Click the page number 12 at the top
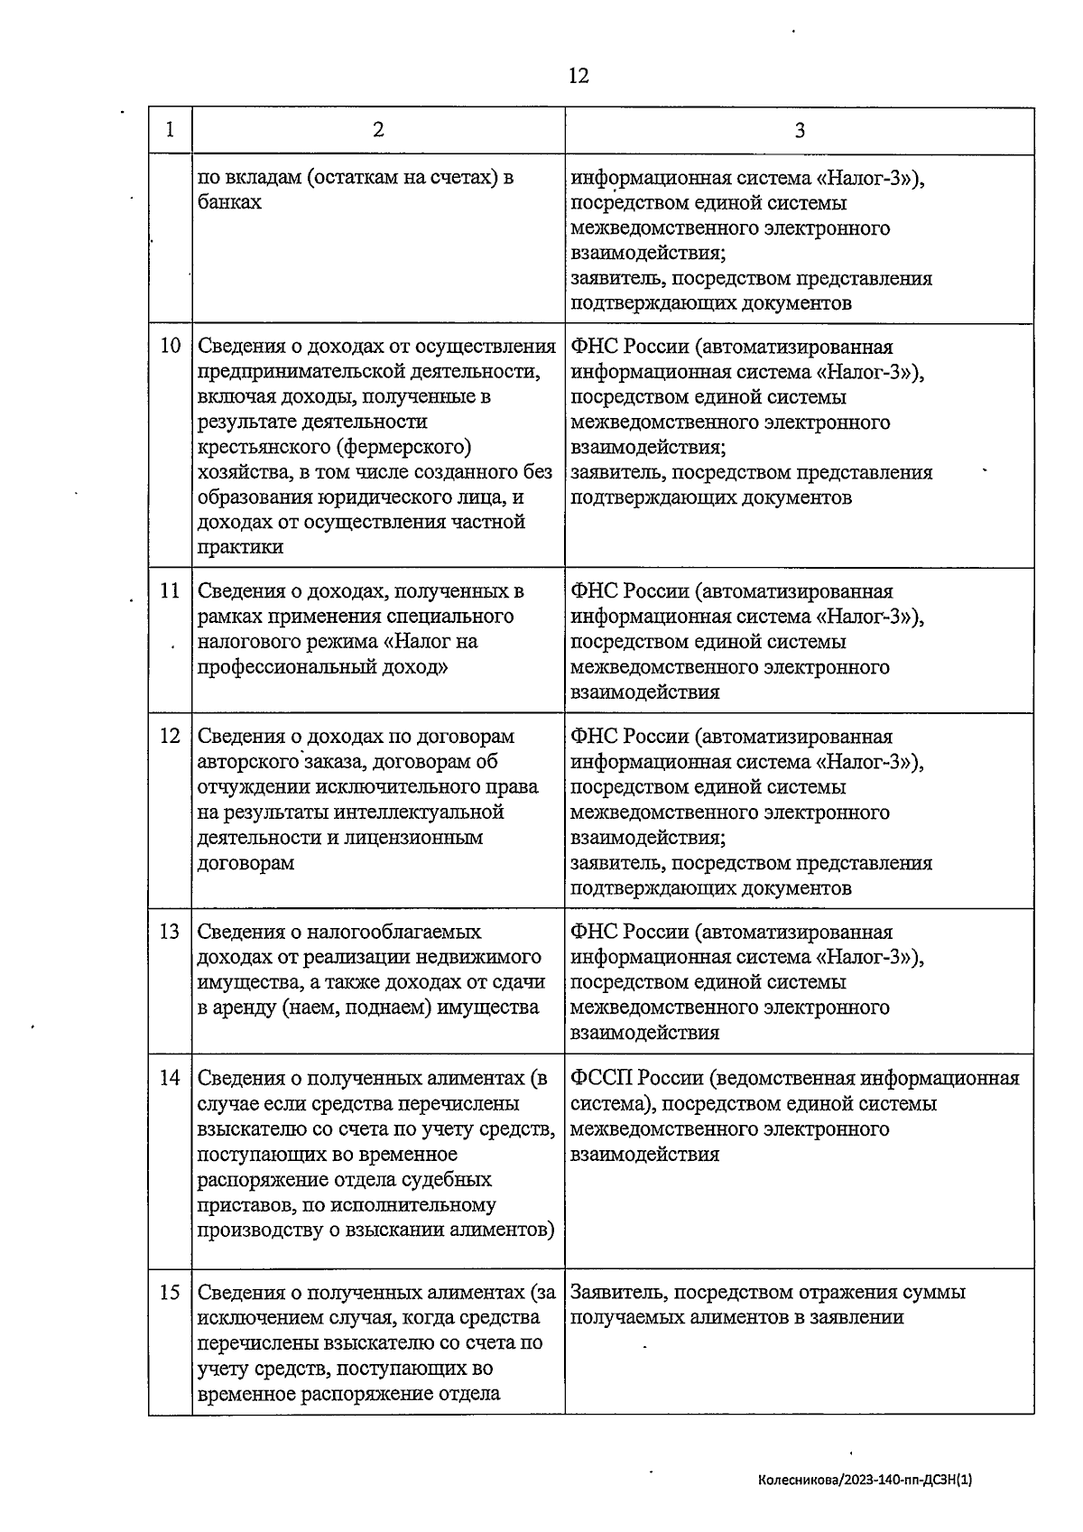point(579,76)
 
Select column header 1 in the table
point(171,130)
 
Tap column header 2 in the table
point(378,130)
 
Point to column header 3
point(799,130)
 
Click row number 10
point(171,347)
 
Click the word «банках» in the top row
point(229,203)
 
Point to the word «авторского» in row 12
point(248,762)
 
